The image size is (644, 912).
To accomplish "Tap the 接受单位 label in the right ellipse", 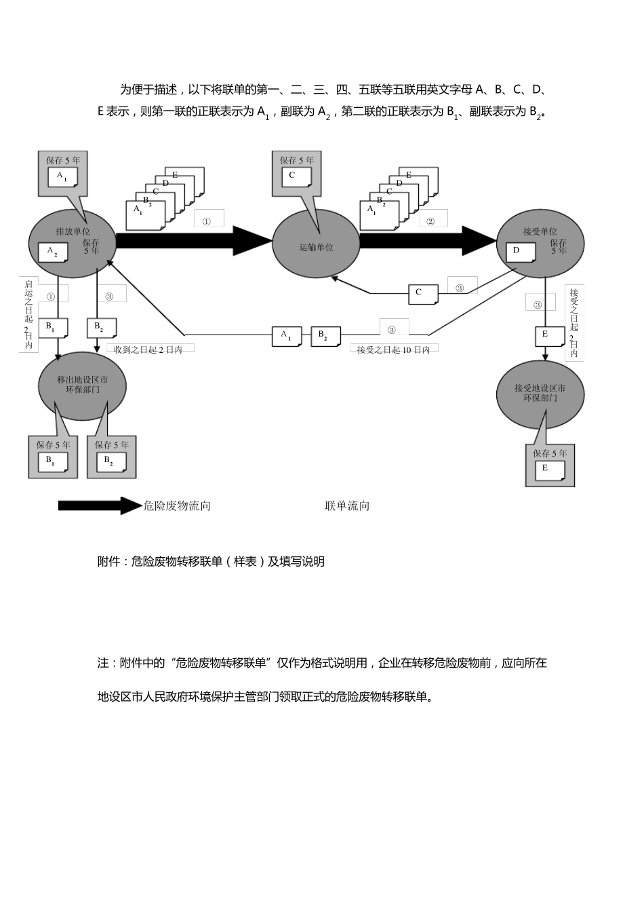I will (540, 231).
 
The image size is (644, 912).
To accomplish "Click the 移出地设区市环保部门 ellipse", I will (82, 385).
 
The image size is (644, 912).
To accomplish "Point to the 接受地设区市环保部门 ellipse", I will (540, 393).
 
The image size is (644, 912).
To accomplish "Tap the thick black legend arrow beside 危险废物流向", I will (99, 506).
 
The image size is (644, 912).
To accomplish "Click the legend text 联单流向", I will (347, 506).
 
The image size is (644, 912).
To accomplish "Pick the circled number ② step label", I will (430, 221).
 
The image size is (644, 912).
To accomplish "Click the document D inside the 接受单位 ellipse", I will (520, 252).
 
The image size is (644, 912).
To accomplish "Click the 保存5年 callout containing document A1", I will (63, 173).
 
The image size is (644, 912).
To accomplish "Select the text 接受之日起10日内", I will (393, 350).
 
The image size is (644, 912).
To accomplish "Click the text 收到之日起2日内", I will (149, 349).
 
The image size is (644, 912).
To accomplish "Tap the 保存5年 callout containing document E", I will (550, 465).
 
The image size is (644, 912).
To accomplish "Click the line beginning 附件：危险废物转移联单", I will (211, 562).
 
